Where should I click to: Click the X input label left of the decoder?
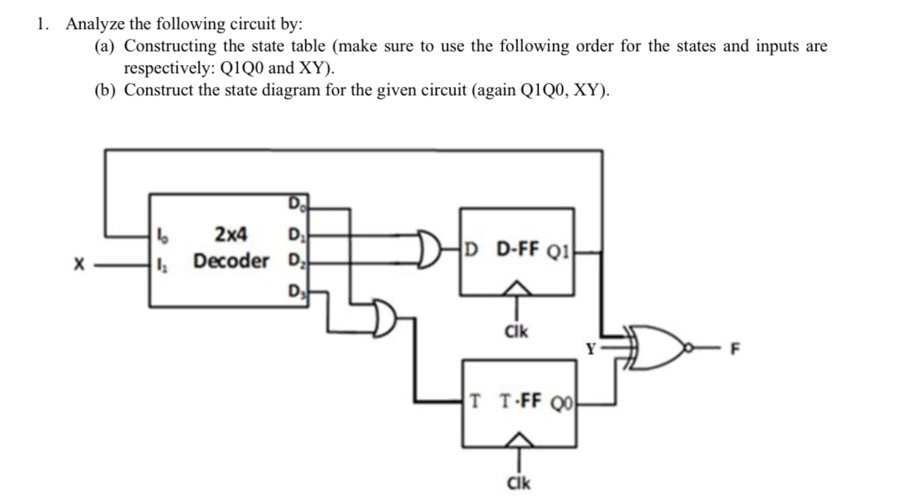pyautogui.click(x=79, y=264)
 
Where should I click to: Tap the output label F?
pyautogui.click(x=734, y=349)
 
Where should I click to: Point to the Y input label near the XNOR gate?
pyautogui.click(x=590, y=349)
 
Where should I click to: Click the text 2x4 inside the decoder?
pyautogui.click(x=231, y=234)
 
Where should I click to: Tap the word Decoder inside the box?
pyautogui.click(x=231, y=261)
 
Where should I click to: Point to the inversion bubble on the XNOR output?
pyautogui.click(x=688, y=348)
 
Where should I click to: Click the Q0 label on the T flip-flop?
pyautogui.click(x=562, y=403)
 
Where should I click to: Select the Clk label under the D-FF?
pyautogui.click(x=516, y=332)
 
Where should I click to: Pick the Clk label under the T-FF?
pyautogui.click(x=519, y=483)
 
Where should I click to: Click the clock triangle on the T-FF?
pyautogui.click(x=519, y=440)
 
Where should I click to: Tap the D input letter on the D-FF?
pyautogui.click(x=472, y=249)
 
